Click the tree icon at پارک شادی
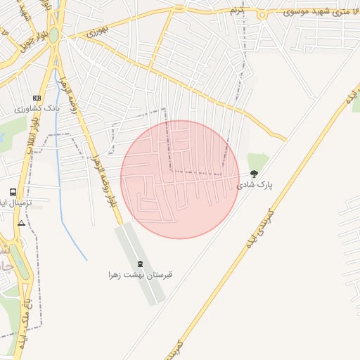tap(254, 173)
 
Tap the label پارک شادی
tap(254, 184)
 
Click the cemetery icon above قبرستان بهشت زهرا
tap(139, 264)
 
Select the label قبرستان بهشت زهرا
tap(139, 275)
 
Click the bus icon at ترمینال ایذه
tap(13, 191)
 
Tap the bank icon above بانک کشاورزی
tap(37, 98)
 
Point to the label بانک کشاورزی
tap(37, 110)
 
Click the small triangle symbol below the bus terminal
tap(21, 223)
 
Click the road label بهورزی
tap(99, 33)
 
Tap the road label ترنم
tap(238, 11)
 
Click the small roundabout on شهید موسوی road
tap(178, 10)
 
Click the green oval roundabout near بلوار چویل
tap(54, 34)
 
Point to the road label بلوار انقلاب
tap(32, 130)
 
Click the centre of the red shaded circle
tap(180, 179)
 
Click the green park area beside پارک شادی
tap(257, 160)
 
